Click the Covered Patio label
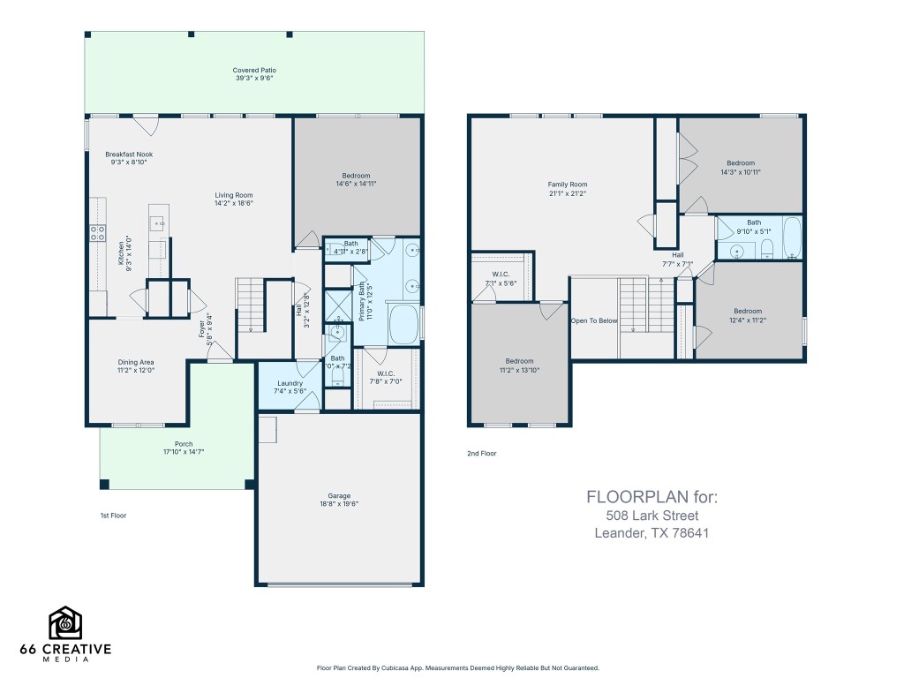tap(253, 70)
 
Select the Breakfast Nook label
tap(129, 154)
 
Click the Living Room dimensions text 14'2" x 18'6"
tap(234, 203)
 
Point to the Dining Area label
tap(136, 362)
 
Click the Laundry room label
tap(290, 383)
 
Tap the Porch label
tap(183, 444)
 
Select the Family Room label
tap(567, 185)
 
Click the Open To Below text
tap(593, 320)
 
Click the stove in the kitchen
tap(96, 233)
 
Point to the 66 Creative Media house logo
tap(65, 624)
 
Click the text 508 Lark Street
tap(652, 516)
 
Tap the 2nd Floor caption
tap(481, 454)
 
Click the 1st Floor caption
tap(113, 515)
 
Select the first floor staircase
tap(251, 305)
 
